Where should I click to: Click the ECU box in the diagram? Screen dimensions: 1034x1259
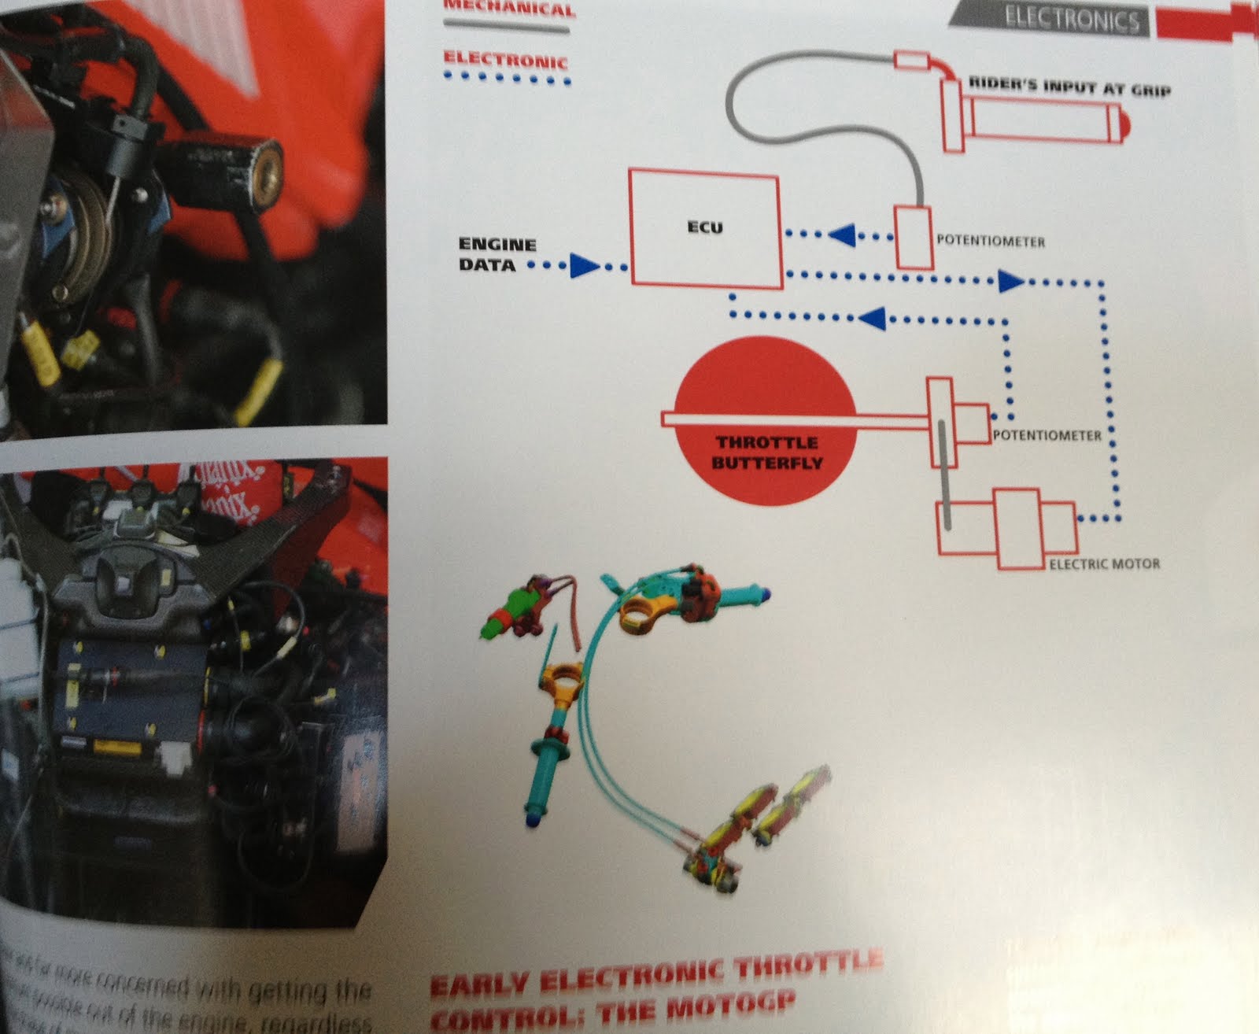703,229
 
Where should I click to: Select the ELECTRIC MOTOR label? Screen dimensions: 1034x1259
1104,564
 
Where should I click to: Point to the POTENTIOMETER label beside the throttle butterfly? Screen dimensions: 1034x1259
1047,435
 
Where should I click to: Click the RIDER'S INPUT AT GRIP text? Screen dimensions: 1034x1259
1069,88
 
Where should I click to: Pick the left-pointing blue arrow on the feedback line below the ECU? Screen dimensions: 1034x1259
871,318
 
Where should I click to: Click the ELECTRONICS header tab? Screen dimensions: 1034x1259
1071,20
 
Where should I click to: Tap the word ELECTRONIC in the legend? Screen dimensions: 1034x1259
504,60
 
